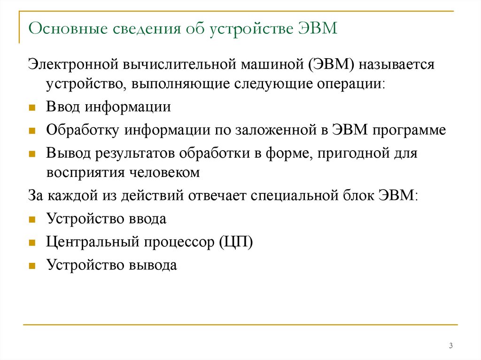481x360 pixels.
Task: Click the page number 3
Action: click(x=450, y=346)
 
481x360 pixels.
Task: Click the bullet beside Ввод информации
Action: click(x=32, y=107)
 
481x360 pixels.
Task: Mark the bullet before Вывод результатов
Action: click(x=32, y=153)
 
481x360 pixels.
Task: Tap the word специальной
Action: click(x=294, y=195)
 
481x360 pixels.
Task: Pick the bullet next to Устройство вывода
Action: click(x=32, y=266)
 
